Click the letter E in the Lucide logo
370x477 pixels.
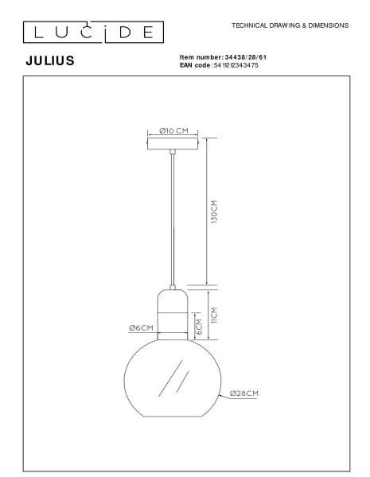tap(149, 32)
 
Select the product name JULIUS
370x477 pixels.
tap(50, 60)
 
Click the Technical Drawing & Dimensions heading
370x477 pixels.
tap(290, 25)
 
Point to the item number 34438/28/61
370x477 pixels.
tap(240, 57)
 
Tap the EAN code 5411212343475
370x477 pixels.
tap(236, 64)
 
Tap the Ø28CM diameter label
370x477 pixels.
tap(244, 393)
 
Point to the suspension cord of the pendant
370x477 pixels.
tap(172, 223)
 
